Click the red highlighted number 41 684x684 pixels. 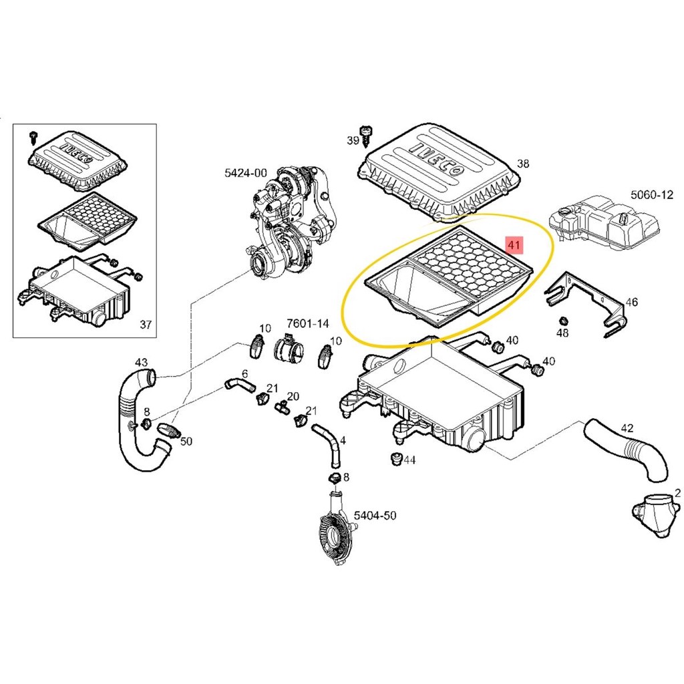514,245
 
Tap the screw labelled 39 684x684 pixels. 366,136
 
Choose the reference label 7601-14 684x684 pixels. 307,324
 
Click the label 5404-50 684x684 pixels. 375,515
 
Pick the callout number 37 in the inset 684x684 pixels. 145,325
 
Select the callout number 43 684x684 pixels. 141,362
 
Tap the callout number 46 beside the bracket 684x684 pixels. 631,303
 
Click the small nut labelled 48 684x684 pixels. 562,320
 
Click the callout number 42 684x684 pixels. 627,428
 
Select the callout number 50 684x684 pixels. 186,442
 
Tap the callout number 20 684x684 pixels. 293,396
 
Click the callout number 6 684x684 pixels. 244,373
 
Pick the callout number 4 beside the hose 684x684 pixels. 343,440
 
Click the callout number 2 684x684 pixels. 677,494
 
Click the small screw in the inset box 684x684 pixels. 33,137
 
